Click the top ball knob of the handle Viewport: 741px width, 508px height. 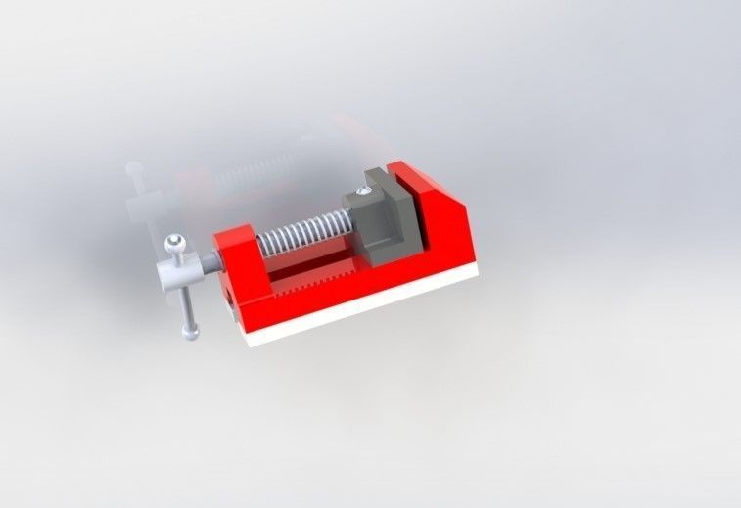point(174,242)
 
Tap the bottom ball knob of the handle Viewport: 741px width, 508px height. point(191,333)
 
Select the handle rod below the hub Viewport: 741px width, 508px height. point(185,308)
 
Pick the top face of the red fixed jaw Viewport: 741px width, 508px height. point(411,177)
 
